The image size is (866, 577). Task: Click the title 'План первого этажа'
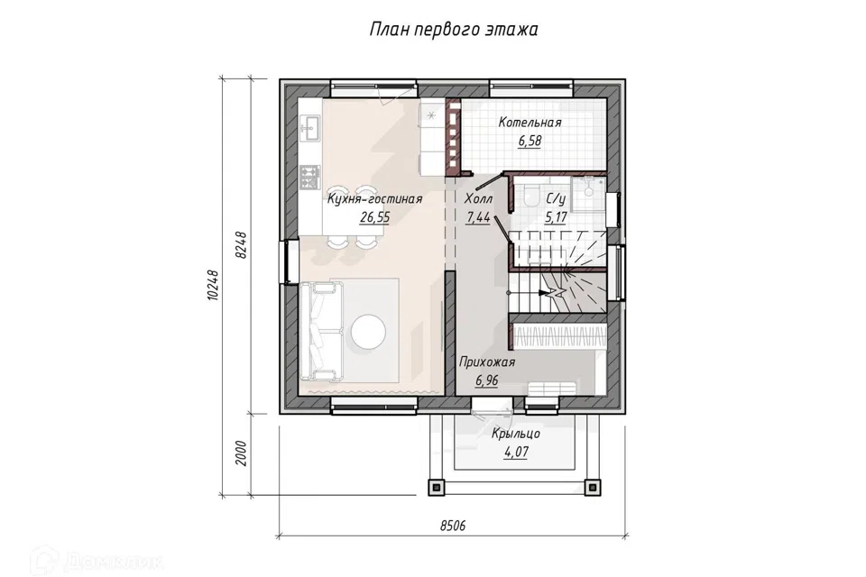click(x=453, y=29)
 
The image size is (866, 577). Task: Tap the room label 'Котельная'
click(x=530, y=123)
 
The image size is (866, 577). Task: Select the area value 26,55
click(x=375, y=217)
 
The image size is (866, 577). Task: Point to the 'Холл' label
click(x=478, y=198)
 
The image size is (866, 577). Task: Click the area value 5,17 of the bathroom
click(x=556, y=217)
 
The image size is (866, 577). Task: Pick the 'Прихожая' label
click(x=487, y=362)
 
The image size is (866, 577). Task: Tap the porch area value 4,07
click(x=516, y=453)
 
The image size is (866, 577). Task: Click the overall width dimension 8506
click(x=452, y=526)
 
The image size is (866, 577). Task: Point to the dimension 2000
click(x=242, y=453)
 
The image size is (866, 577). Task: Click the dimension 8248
click(x=242, y=245)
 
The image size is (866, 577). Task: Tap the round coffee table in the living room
click(x=368, y=331)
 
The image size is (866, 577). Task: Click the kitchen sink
click(x=309, y=128)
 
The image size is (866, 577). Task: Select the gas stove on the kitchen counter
click(x=309, y=176)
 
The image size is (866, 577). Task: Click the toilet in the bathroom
click(x=530, y=196)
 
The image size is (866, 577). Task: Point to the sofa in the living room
click(x=319, y=331)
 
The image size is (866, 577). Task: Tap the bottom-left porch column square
click(x=437, y=488)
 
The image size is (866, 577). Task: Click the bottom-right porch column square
click(x=592, y=488)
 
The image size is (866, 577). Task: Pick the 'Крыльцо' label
click(x=516, y=434)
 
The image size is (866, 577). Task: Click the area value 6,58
click(x=530, y=141)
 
